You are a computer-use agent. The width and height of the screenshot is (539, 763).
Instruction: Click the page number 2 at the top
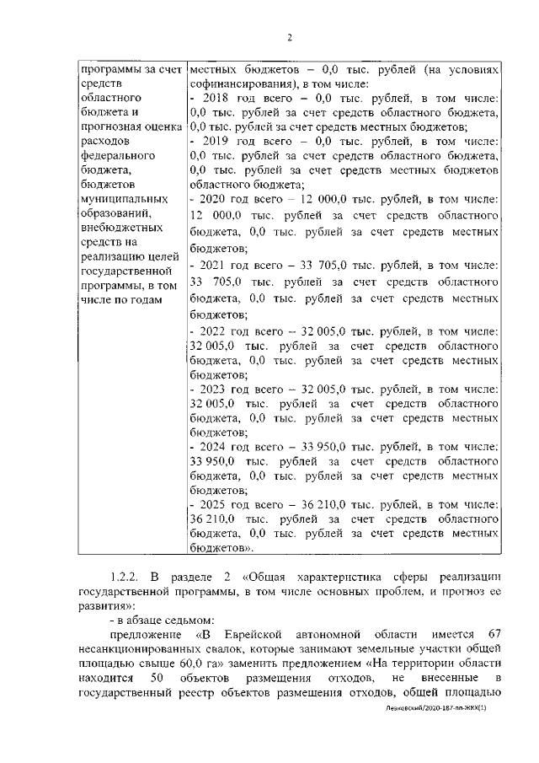pyautogui.click(x=288, y=37)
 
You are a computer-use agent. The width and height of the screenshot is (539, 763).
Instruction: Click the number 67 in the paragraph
pyautogui.click(x=494, y=633)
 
